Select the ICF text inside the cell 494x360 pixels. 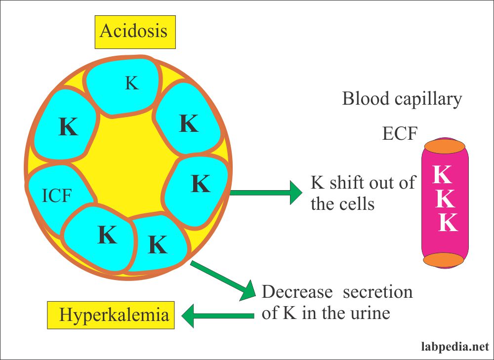(x=57, y=196)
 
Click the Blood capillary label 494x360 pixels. (x=402, y=99)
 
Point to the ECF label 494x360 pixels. (x=400, y=133)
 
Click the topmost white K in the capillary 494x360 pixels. (x=443, y=174)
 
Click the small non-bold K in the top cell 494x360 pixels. (x=131, y=83)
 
